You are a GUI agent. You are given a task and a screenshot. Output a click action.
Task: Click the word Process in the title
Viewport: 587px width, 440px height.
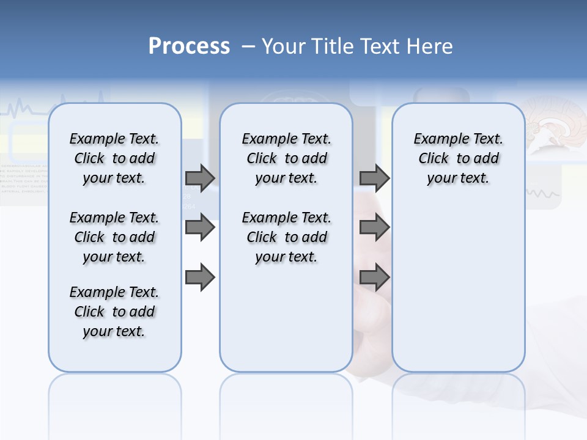click(189, 46)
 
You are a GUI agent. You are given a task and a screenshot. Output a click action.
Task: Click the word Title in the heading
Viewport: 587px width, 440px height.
click(333, 46)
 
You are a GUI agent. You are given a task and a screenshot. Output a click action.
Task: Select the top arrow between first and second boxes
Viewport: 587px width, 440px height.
click(200, 178)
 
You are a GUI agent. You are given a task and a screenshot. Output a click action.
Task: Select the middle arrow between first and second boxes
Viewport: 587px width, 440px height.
click(200, 227)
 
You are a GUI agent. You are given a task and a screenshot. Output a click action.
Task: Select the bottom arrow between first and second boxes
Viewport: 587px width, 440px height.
click(200, 277)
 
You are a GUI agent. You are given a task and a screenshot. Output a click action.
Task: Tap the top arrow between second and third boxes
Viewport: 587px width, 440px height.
click(374, 178)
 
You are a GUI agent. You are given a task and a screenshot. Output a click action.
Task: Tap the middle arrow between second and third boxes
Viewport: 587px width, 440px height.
click(374, 227)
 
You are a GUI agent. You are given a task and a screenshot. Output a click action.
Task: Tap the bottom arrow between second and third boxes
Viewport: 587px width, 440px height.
click(374, 277)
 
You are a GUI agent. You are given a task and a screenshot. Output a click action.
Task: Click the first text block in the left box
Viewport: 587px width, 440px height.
click(114, 158)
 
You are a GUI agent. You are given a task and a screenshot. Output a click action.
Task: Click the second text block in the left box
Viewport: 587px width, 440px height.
click(114, 237)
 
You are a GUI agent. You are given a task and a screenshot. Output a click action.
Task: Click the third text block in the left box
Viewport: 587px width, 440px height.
click(114, 312)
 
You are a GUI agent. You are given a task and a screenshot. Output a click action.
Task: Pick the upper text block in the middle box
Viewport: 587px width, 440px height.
click(286, 158)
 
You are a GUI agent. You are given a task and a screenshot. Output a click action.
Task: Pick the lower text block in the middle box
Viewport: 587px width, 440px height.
click(286, 237)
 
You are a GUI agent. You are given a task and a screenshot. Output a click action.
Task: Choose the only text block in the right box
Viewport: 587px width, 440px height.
click(458, 158)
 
